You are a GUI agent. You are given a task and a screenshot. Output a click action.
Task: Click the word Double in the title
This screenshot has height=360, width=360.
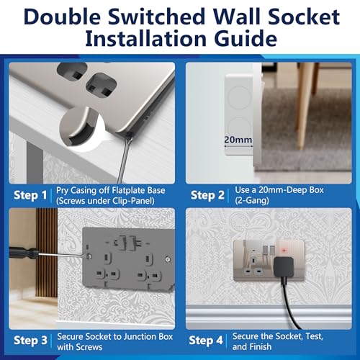(62, 17)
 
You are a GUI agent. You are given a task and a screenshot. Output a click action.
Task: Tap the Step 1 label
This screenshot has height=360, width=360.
(30, 195)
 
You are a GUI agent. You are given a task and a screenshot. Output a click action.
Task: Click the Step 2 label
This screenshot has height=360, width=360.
(207, 195)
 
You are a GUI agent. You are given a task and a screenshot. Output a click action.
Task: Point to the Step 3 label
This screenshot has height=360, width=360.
(30, 341)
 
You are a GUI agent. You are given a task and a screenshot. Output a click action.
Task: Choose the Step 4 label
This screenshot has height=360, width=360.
(206, 341)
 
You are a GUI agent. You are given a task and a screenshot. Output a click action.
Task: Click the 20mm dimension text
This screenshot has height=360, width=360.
(238, 140)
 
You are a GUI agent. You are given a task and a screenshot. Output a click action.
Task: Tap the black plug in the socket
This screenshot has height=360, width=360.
(284, 266)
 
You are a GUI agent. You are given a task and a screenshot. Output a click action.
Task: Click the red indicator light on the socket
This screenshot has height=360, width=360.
(284, 251)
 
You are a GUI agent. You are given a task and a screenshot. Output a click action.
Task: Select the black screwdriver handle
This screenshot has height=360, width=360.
(24, 253)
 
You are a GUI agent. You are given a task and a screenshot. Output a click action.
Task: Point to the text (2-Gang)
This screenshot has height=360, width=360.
(252, 200)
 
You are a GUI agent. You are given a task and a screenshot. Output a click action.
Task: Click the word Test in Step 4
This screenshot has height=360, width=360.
(314, 336)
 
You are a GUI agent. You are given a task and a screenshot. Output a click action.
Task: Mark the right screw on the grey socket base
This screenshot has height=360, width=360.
(168, 259)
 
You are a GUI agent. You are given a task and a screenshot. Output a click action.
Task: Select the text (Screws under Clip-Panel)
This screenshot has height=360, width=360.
(105, 201)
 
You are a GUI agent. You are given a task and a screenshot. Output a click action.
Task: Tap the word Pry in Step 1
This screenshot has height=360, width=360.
(62, 191)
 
